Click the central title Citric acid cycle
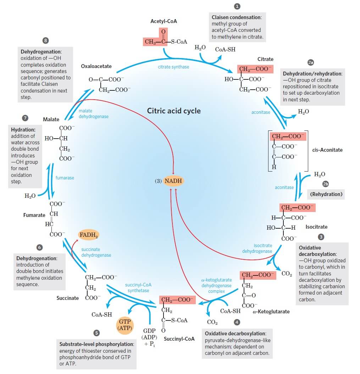point(174,111)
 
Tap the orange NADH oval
point(173,181)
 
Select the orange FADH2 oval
point(89,235)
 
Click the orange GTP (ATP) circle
point(124,325)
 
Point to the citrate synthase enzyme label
point(173,67)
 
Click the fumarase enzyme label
point(65,178)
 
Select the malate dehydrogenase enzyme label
point(93,114)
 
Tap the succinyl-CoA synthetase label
point(138,288)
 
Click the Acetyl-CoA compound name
point(164,21)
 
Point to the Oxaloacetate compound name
point(96,66)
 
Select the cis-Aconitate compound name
point(327,150)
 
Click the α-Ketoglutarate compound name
point(271,312)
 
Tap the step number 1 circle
point(237,6)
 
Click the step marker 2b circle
point(326,184)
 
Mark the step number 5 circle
point(96,333)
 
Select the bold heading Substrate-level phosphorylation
point(96,344)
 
